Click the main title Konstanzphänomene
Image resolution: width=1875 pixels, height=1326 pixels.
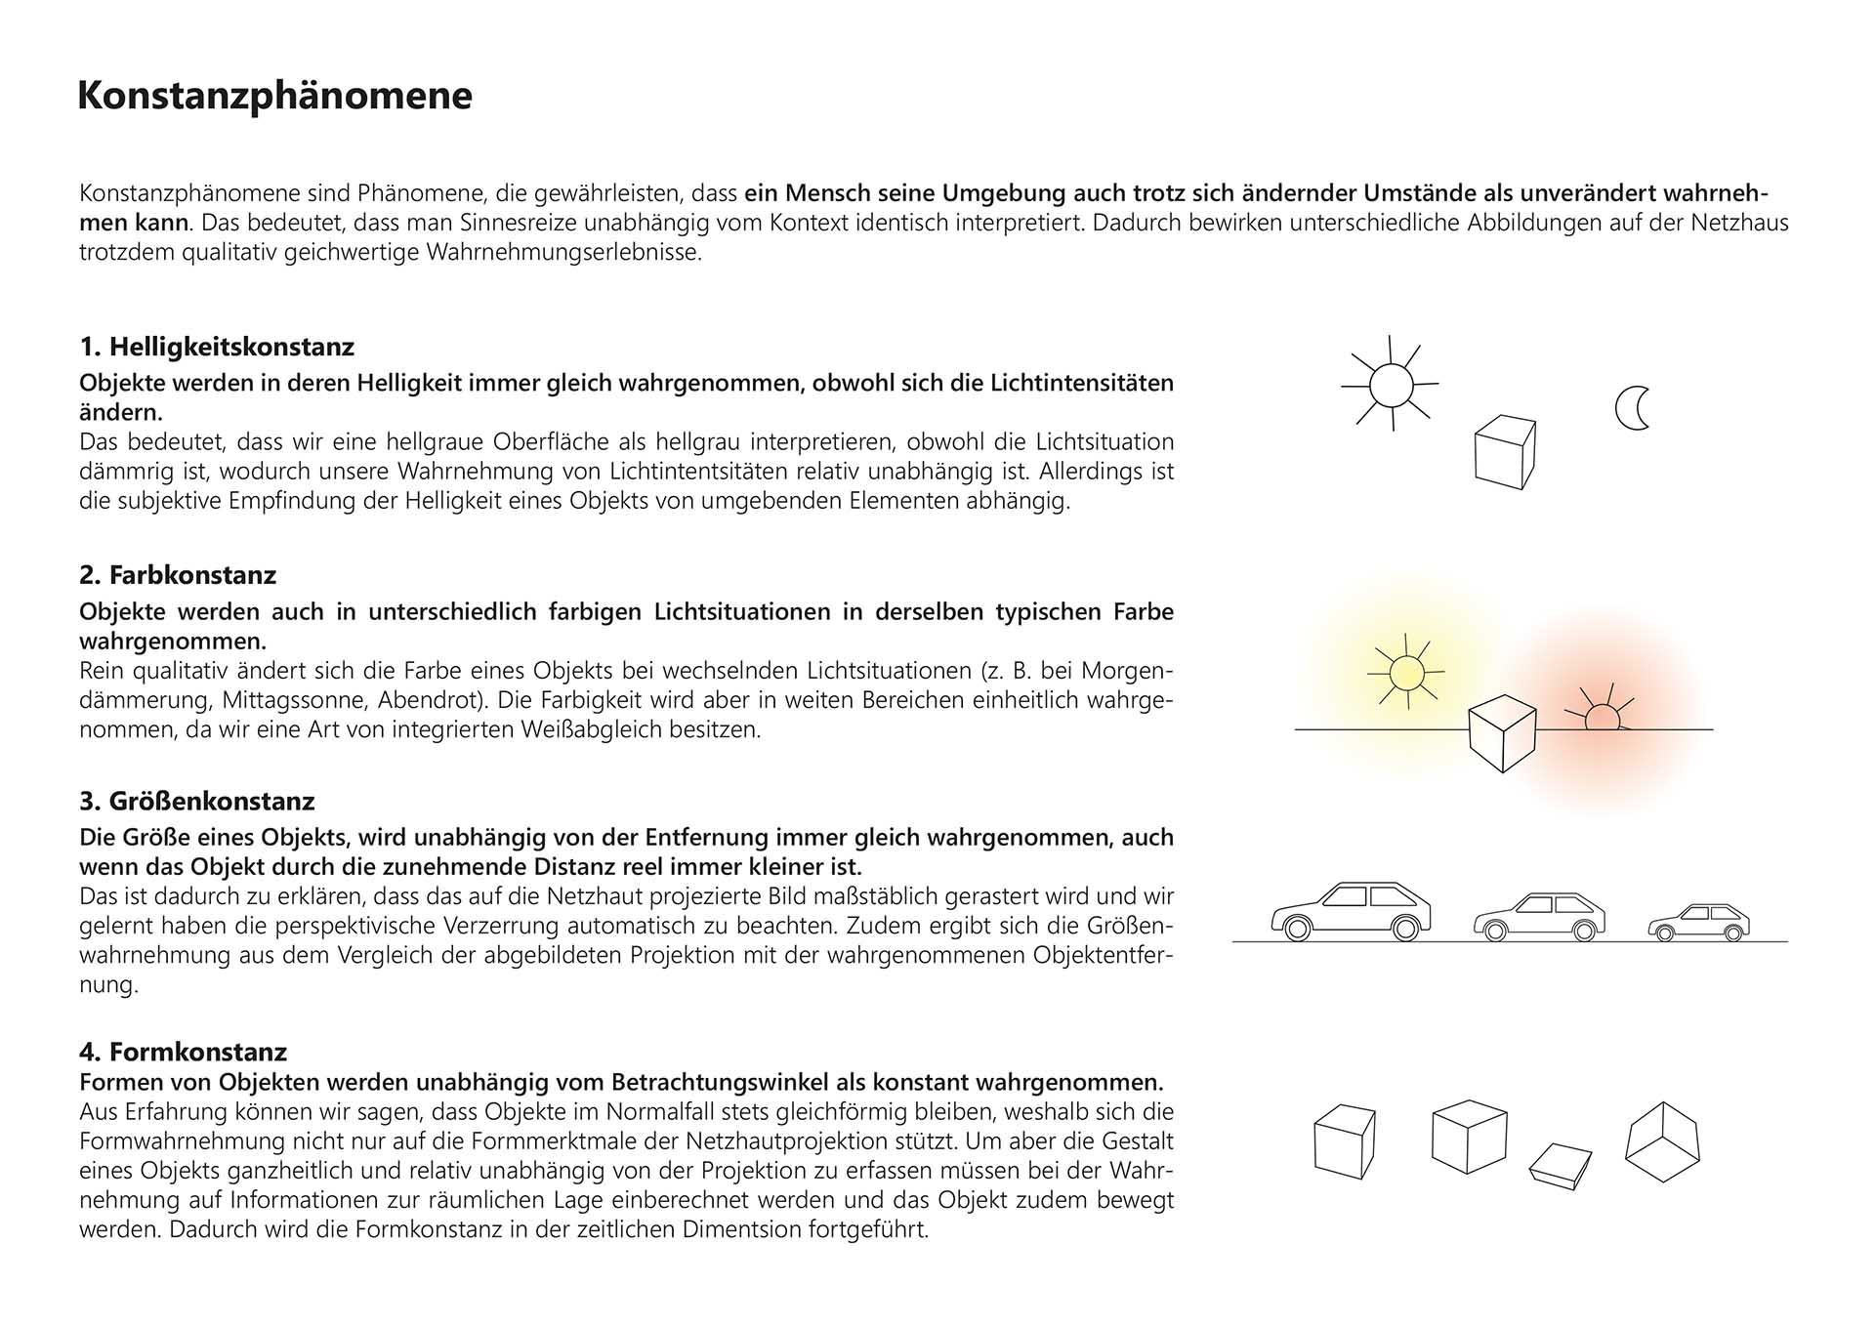pyautogui.click(x=274, y=96)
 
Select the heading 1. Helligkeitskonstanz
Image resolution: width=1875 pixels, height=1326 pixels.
pyautogui.click(x=217, y=347)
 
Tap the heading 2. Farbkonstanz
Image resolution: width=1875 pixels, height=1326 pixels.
pyautogui.click(x=178, y=574)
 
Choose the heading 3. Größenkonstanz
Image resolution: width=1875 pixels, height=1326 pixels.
pyautogui.click(x=197, y=801)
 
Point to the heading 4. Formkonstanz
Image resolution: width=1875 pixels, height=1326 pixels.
pyautogui.click(x=184, y=1052)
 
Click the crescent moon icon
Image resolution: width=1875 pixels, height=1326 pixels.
pyautogui.click(x=1632, y=408)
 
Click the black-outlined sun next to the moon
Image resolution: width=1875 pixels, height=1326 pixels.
pyautogui.click(x=1391, y=385)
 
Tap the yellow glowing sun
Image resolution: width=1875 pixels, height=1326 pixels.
pyautogui.click(x=1406, y=673)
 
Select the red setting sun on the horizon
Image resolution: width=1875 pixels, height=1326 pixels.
pyautogui.click(x=1602, y=718)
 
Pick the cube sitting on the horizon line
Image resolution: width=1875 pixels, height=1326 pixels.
pyautogui.click(x=1503, y=732)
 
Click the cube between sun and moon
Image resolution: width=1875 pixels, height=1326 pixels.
pyautogui.click(x=1504, y=452)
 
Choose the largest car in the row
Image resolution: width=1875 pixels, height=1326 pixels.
pyautogui.click(x=1351, y=911)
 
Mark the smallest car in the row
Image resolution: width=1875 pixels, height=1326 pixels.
pyautogui.click(x=1698, y=923)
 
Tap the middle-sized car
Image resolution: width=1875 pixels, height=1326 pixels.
pyautogui.click(x=1539, y=917)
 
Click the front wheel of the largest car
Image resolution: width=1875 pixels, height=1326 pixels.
pyautogui.click(x=1298, y=928)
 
